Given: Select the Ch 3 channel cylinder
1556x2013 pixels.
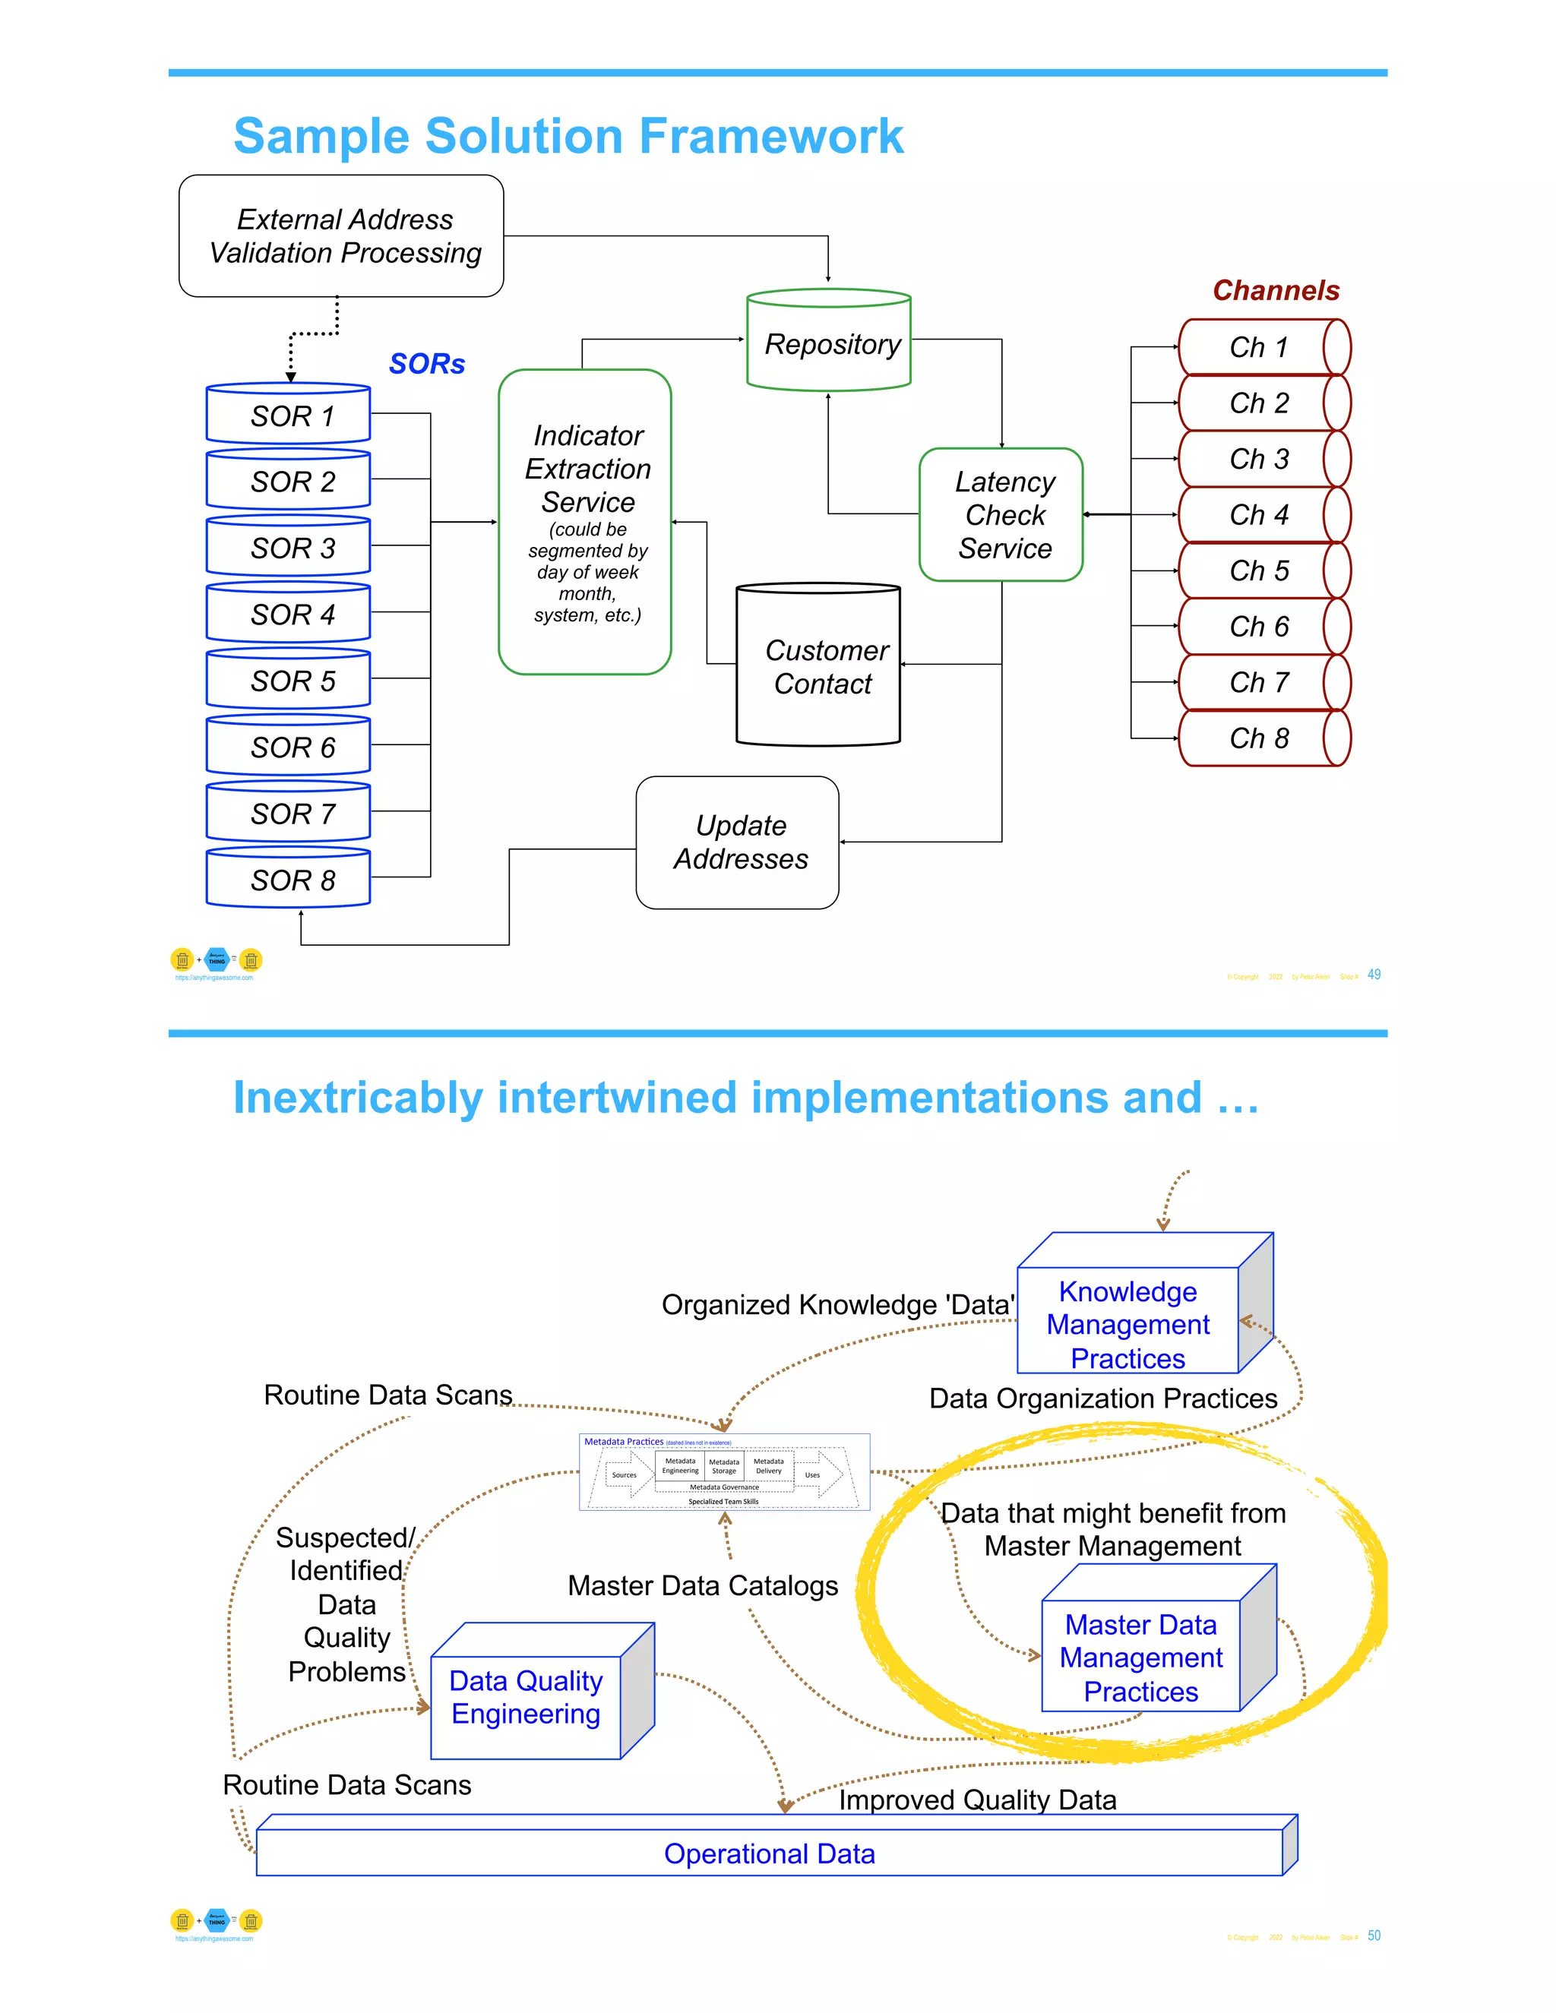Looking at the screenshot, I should click(1262, 459).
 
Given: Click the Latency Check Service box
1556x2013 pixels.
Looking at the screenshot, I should click(1002, 515).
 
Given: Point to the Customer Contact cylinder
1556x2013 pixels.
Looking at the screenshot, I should click(818, 666).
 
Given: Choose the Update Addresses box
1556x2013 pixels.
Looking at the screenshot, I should click(738, 842).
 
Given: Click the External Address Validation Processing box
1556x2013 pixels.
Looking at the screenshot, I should click(342, 236).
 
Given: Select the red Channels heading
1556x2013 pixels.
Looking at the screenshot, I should click(1275, 290).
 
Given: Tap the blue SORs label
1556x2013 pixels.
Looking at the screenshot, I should click(427, 364).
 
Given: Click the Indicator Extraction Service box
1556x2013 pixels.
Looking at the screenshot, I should click(585, 522).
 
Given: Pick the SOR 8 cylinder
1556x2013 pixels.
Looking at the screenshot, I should click(289, 880).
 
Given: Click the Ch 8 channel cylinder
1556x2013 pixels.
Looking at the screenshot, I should click(1262, 738).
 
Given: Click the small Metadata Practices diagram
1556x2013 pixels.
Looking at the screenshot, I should click(725, 1472).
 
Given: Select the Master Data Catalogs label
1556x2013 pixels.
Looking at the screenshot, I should click(703, 1585).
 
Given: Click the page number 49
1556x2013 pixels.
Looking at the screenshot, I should click(1374, 975).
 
